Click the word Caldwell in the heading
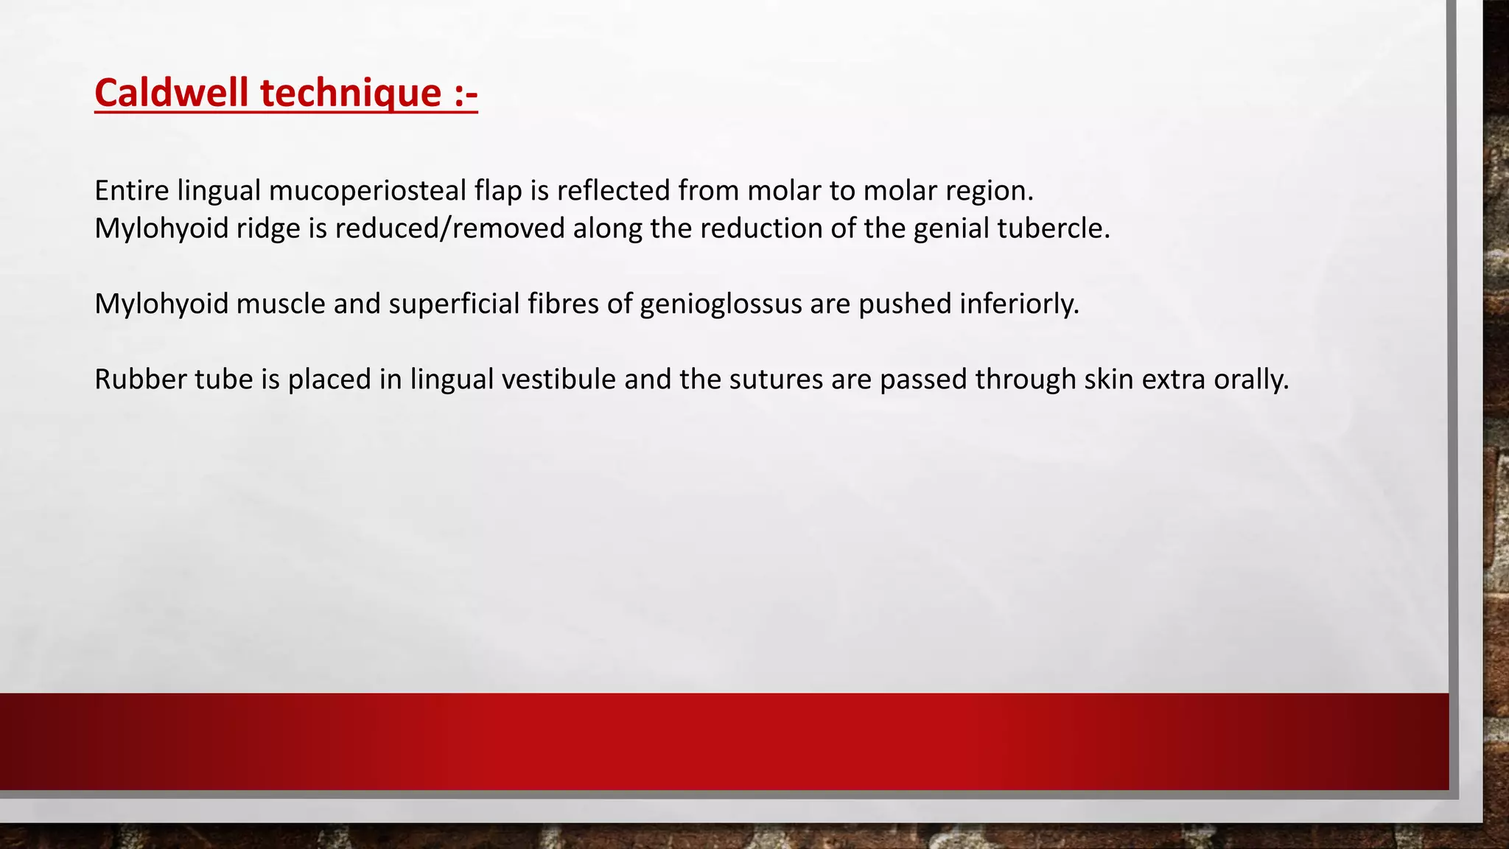coord(172,94)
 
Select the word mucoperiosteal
coord(367,191)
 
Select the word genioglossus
coord(721,304)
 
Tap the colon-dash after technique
coord(463,94)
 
